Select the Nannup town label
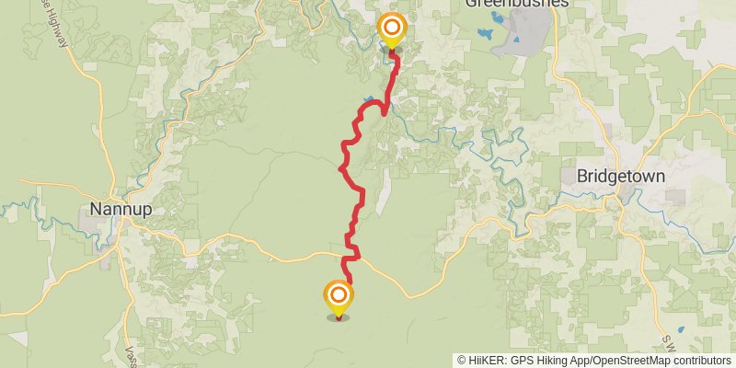tap(121, 208)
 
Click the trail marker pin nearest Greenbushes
tap(392, 29)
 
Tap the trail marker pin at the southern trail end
tap(339, 296)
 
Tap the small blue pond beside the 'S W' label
tap(681, 329)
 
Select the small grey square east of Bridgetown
tap(675, 197)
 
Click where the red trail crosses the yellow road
tap(351, 254)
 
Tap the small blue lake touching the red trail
tap(369, 98)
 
